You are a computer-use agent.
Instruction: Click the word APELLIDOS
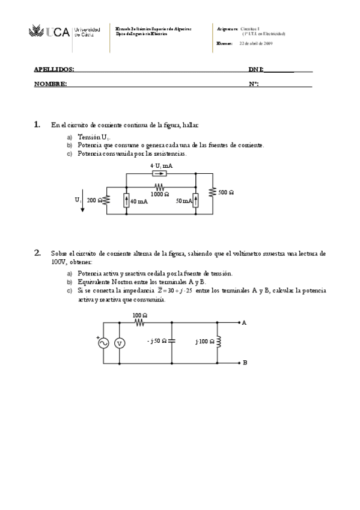(54, 70)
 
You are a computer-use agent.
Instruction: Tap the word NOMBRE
(50, 84)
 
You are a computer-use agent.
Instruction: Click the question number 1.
(37, 125)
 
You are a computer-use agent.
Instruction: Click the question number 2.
(37, 253)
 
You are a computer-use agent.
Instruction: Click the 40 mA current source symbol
(127, 201)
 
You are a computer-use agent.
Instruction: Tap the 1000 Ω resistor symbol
(160, 187)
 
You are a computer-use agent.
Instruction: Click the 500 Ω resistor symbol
(212, 192)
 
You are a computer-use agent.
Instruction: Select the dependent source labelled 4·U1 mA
(160, 173)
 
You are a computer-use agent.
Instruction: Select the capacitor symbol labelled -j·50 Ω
(172, 342)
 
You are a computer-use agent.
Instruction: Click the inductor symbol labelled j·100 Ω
(218, 342)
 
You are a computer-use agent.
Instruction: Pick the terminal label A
(245, 323)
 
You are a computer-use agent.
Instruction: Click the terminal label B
(245, 363)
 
